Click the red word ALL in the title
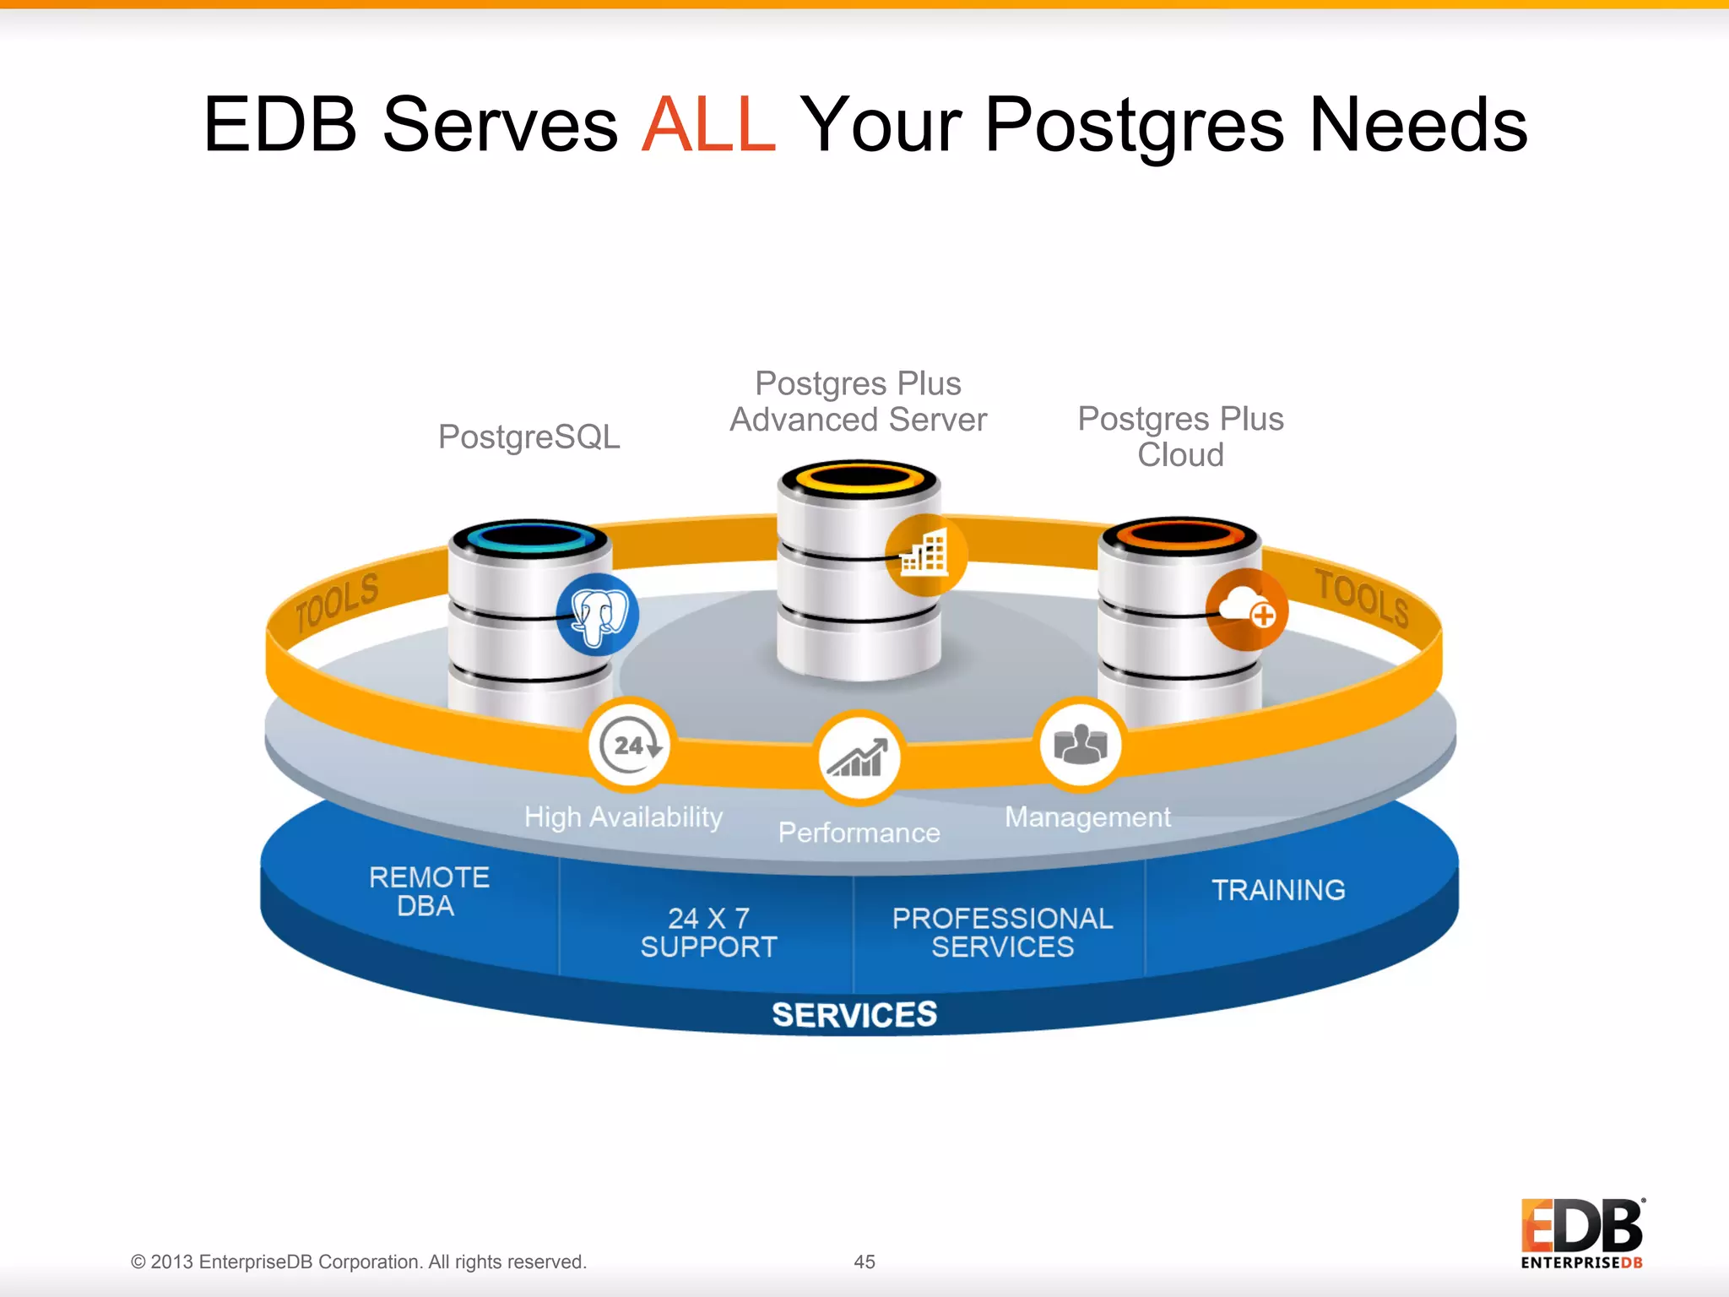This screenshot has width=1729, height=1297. [x=707, y=125]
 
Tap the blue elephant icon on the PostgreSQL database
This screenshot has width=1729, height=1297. [x=598, y=614]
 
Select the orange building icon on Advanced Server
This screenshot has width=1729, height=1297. [x=925, y=555]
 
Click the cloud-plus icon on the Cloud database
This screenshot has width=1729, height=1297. [x=1247, y=609]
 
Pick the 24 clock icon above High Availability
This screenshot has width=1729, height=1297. [x=630, y=745]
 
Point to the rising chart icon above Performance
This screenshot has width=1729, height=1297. [x=859, y=757]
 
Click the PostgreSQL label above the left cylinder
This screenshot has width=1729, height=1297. [x=528, y=437]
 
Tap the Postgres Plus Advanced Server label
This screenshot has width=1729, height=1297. [x=858, y=402]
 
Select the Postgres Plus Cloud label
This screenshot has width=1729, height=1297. [x=1180, y=437]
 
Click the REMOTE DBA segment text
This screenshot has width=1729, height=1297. [x=428, y=891]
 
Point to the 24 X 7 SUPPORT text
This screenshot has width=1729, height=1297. [x=708, y=932]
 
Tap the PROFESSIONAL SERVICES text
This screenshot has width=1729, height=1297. [x=1002, y=932]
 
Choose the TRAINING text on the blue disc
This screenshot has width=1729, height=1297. [x=1278, y=890]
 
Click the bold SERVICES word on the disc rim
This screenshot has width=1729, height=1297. [x=854, y=1014]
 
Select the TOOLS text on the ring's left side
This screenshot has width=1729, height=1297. [x=337, y=602]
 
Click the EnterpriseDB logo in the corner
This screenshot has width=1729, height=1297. [x=1582, y=1234]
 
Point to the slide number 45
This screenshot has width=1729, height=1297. [x=864, y=1262]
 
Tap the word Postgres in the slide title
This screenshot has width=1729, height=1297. [x=1134, y=125]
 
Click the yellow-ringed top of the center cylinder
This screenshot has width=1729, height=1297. [x=859, y=479]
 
